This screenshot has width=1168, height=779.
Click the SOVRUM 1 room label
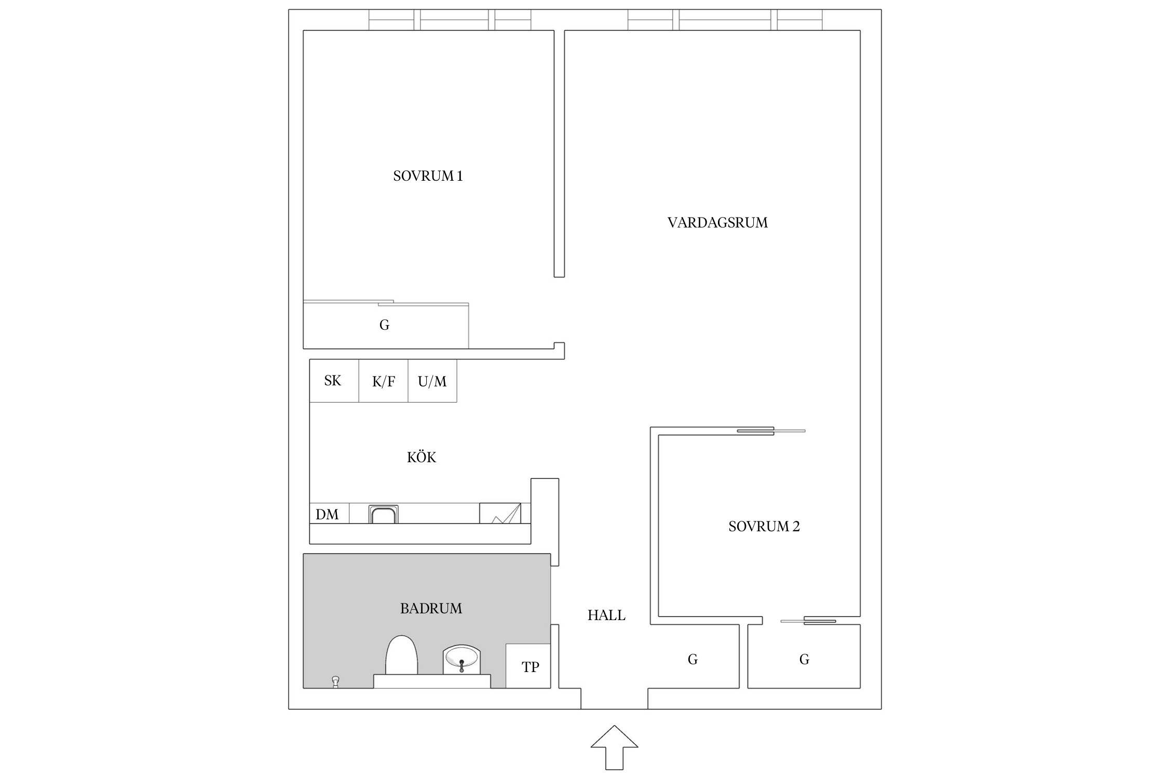[x=428, y=176]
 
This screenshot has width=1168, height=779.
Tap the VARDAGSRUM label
[x=717, y=223]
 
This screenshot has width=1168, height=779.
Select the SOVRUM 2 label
[x=764, y=527]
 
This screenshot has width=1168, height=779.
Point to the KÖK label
[x=422, y=457]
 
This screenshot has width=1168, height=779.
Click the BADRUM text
[x=431, y=609]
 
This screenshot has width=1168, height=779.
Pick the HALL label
[x=606, y=615]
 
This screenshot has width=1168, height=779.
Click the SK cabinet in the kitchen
[x=334, y=381]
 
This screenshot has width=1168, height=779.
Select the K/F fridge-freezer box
[x=384, y=381]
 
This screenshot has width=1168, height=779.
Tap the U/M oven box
[x=432, y=381]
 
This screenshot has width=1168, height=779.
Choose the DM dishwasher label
[x=327, y=514]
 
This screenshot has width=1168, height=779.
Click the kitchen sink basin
[x=384, y=514]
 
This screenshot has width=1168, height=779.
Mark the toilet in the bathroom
[x=401, y=655]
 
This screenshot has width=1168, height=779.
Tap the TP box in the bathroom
[x=528, y=666]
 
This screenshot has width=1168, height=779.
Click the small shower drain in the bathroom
[x=335, y=682]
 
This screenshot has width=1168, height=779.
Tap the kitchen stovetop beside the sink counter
[x=500, y=513]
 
